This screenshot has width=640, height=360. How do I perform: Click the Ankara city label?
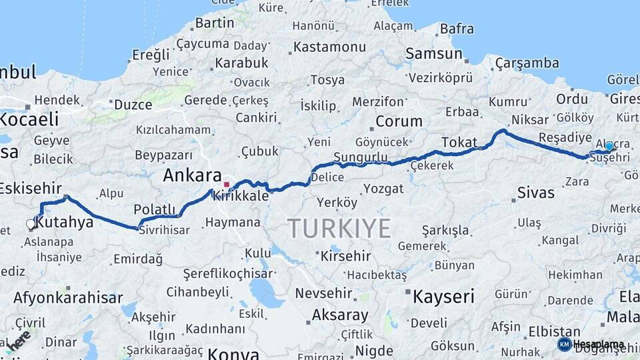point(192,176)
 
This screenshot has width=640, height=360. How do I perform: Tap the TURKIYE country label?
point(339,229)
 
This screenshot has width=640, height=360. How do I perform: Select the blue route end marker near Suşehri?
point(609,146)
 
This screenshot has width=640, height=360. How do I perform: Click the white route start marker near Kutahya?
point(31,224)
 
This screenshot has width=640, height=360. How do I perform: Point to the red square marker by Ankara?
point(227,185)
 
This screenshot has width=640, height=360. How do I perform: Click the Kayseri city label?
point(443,296)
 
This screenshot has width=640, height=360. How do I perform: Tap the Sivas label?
point(535,193)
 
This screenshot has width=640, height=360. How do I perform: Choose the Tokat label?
point(459,142)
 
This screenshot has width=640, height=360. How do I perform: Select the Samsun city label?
point(434,54)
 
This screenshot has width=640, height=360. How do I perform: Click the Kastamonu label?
point(330,47)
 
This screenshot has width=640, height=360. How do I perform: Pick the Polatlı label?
point(154,209)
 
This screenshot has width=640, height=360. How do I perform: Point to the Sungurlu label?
point(360,157)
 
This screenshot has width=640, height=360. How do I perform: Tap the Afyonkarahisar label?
point(68,297)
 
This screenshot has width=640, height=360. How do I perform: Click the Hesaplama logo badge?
point(591,344)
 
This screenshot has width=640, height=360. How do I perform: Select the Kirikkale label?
point(241,197)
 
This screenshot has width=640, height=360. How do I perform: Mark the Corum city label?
point(399,122)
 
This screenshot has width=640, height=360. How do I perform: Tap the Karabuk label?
point(241,63)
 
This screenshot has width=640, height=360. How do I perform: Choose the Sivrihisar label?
point(163,231)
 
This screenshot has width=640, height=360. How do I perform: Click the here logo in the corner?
point(18,340)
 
